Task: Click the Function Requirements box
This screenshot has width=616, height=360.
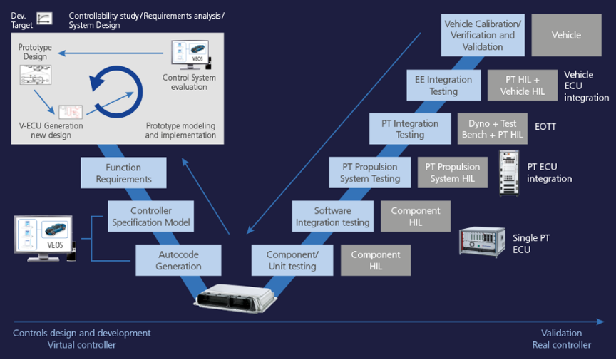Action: [x=123, y=173]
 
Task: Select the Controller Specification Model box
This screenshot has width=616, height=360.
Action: [x=150, y=217]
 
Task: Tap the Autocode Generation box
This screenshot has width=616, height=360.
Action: [x=178, y=260]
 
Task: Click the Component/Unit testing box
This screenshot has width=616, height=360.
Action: [x=292, y=260]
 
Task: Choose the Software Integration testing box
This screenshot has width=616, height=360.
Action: [x=332, y=217]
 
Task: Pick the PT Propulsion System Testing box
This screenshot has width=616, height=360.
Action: [x=370, y=173]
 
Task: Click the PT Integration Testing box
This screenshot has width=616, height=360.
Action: [x=410, y=129]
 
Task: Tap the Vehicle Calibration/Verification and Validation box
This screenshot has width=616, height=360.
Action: [x=482, y=34]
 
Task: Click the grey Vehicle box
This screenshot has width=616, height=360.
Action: [x=566, y=35]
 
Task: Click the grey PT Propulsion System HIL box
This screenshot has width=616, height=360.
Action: [x=453, y=173]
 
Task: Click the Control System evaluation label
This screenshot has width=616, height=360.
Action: [x=189, y=83]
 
